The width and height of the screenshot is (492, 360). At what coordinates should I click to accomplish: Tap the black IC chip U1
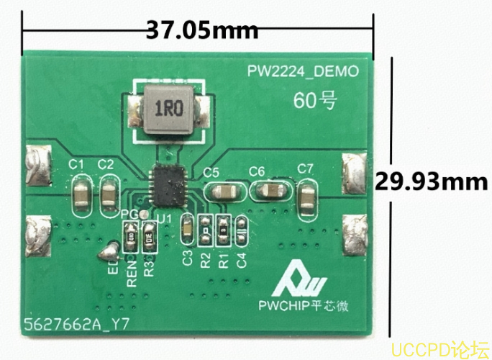click(170, 184)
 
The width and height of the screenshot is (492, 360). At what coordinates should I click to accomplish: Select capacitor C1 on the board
click(80, 194)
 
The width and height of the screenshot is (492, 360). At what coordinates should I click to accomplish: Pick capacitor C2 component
click(108, 194)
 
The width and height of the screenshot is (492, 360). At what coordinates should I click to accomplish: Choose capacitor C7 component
click(306, 194)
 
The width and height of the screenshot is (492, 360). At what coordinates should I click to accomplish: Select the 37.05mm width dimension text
click(202, 30)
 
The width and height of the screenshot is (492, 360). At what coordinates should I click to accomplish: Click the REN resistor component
click(131, 235)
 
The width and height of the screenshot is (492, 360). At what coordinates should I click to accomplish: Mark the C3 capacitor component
click(187, 230)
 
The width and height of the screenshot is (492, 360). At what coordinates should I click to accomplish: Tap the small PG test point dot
click(142, 215)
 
